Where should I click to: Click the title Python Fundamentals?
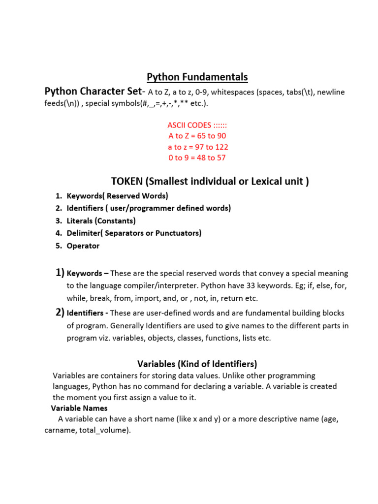coord(197,77)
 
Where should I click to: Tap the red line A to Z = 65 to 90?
coord(197,136)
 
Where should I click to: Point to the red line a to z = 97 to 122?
coord(198,147)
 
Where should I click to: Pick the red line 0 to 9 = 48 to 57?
coord(197,157)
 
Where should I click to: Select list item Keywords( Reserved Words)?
coord(117,196)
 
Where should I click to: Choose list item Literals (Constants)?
coord(101,220)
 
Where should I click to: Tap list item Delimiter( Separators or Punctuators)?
coord(134,233)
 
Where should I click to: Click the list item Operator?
coord(83,246)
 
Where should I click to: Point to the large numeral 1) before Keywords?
coord(60,272)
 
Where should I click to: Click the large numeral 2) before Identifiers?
coord(60,312)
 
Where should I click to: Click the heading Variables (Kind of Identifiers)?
coord(197,364)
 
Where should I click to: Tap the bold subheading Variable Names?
coord(79,408)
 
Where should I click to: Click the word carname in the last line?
coord(58,430)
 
